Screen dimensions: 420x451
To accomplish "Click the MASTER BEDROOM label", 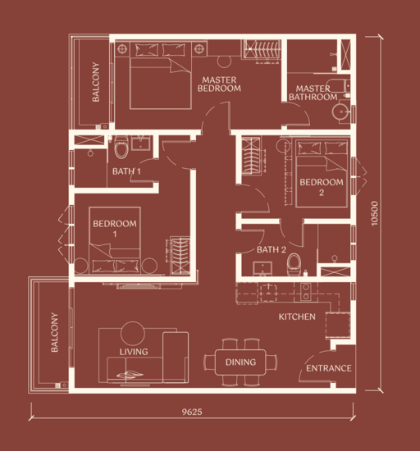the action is coord(219,84).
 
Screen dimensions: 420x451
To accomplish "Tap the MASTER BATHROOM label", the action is coord(313,93).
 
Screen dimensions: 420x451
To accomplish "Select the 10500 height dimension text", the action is coord(374,213).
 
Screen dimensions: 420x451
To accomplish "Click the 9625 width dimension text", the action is coord(192,412).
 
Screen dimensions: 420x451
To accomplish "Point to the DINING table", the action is coord(240,362).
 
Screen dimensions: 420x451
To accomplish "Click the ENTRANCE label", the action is coord(328,368).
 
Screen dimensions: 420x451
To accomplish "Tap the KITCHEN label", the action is coord(297,317).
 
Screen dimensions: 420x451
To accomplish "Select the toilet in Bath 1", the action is coord(121,147).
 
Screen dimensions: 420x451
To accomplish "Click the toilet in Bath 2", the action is coord(294,264).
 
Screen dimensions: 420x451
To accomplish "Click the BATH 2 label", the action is coord(272,249).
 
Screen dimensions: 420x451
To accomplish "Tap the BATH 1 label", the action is coord(126,171).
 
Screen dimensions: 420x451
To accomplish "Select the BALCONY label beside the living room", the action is coord(54,332).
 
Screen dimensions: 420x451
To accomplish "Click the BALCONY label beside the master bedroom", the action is coord(96,82).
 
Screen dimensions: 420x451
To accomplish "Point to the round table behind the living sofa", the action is coord(133,334).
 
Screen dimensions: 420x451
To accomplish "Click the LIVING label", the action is coord(134,352).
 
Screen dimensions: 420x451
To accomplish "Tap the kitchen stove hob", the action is coord(305,291).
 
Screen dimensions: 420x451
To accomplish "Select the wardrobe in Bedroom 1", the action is coord(180,255).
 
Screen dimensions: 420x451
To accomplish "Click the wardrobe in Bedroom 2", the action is coord(251,156).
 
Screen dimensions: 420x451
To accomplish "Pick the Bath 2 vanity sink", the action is coord(262,269).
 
